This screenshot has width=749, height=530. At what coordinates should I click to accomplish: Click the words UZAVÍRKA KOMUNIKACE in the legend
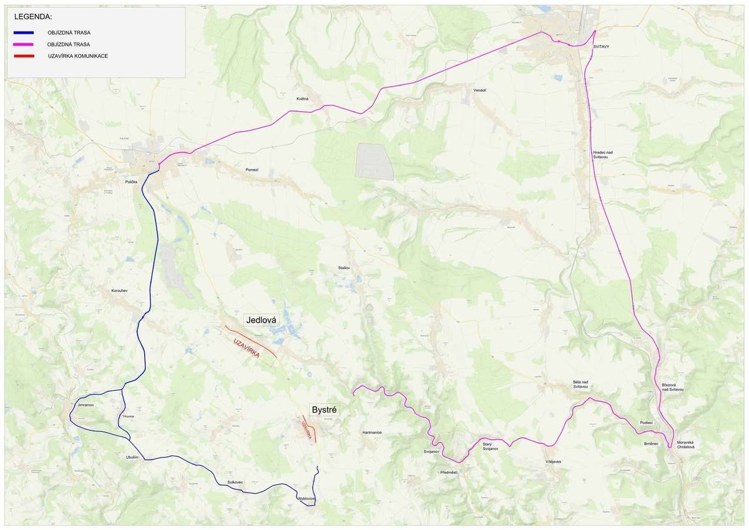point(77,56)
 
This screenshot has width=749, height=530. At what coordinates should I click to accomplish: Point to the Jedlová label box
point(262,320)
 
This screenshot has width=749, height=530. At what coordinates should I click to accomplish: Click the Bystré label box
point(324,410)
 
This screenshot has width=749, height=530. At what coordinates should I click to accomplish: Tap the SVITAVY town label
point(602,46)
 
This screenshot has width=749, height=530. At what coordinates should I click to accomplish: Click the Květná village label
point(302,99)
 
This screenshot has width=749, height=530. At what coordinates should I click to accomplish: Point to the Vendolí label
point(479,90)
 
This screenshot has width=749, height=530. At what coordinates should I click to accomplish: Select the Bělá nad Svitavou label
point(581,385)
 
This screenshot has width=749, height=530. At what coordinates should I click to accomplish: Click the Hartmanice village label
point(371,432)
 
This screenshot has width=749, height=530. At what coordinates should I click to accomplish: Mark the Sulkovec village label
point(235,483)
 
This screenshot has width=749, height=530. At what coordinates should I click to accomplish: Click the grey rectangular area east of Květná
point(374,162)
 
